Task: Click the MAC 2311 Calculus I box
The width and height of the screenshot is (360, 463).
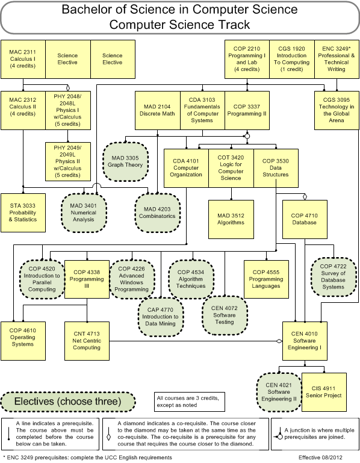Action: (x=23, y=60)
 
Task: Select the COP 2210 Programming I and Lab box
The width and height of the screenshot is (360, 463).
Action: (x=247, y=60)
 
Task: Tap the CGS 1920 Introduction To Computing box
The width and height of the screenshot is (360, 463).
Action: (x=292, y=60)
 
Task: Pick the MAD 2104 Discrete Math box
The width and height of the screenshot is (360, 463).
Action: (x=157, y=110)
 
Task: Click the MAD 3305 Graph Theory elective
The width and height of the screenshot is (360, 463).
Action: (x=125, y=161)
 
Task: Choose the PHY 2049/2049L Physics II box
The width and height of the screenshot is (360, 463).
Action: (x=68, y=161)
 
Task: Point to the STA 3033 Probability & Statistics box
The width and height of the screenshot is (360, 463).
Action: (x=23, y=213)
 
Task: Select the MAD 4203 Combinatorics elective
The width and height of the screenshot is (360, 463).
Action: (x=157, y=213)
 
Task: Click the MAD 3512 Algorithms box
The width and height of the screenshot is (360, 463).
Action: (x=231, y=219)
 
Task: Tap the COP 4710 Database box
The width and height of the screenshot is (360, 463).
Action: (x=305, y=219)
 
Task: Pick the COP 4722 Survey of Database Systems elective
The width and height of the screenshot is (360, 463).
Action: (x=334, y=277)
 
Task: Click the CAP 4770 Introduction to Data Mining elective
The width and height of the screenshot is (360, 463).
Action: (x=161, y=317)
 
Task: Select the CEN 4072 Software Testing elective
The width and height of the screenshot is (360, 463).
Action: (x=225, y=315)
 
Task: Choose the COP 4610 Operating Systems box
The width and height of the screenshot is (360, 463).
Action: (x=23, y=341)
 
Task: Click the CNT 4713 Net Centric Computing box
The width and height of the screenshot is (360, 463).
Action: (x=87, y=341)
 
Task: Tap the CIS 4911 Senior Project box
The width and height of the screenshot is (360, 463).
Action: (x=324, y=392)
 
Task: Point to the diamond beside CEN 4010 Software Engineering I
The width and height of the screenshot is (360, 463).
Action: (x=279, y=341)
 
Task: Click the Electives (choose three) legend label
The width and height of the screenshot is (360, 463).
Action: (x=68, y=402)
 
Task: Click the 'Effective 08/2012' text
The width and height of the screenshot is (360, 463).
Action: (x=320, y=458)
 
